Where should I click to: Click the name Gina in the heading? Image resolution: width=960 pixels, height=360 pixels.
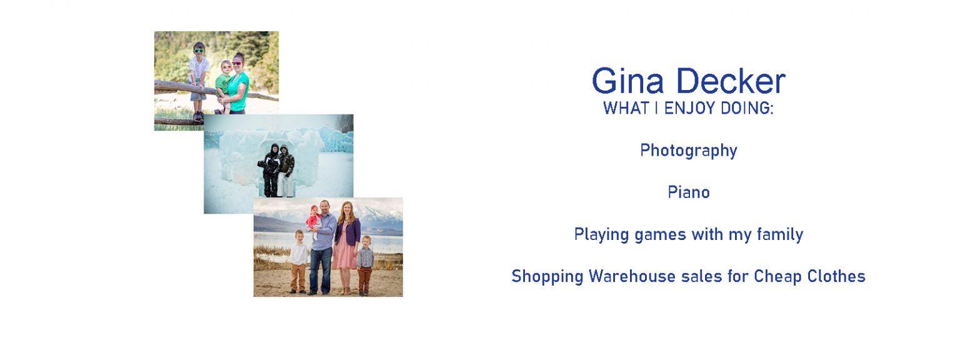[x=628, y=81]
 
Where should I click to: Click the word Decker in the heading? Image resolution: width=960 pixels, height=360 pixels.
[x=731, y=81]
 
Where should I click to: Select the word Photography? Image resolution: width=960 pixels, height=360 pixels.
[x=689, y=151]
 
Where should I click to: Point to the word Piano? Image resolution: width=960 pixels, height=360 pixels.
[x=689, y=192]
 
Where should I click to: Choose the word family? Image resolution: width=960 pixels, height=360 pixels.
[x=779, y=234]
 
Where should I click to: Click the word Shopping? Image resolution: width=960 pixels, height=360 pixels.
[x=547, y=277]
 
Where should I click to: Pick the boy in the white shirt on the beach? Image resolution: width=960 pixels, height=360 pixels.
[x=299, y=262]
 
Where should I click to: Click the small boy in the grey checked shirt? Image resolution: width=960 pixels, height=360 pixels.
[x=365, y=266]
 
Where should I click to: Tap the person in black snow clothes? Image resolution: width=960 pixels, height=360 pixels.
[x=270, y=171]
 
